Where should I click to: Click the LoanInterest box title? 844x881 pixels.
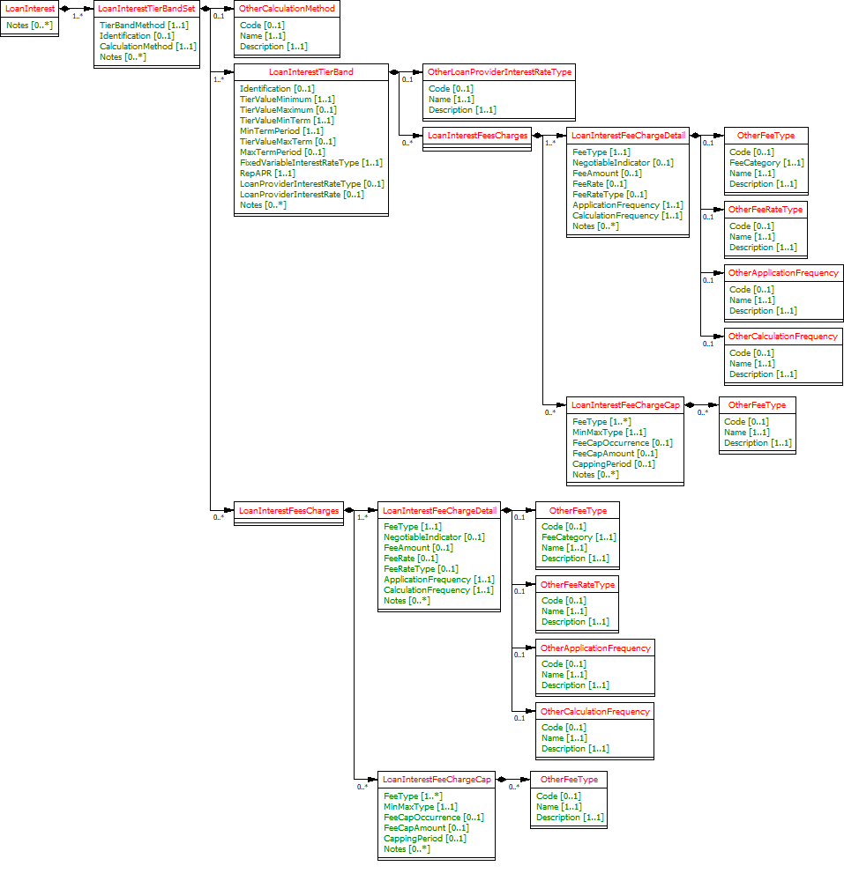[x=30, y=8]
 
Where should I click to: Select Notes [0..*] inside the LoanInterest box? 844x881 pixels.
[x=30, y=26]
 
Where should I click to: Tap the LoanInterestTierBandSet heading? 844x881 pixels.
[x=146, y=8]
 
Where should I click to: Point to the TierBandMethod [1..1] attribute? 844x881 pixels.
[x=144, y=26]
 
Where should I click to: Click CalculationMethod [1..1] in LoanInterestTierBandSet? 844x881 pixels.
[x=147, y=47]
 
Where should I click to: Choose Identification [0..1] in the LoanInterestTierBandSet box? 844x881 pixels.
[x=137, y=36]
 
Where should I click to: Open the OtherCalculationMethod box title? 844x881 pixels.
[x=288, y=8]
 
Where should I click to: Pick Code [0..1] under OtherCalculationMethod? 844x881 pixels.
[x=262, y=26]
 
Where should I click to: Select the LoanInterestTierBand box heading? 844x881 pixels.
[x=310, y=71]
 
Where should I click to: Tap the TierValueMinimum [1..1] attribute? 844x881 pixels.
[x=288, y=100]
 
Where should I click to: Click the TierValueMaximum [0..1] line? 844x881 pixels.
[x=288, y=110]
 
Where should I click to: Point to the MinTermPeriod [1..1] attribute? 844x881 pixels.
[x=281, y=131]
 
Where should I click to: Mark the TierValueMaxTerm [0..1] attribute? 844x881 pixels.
[x=288, y=142]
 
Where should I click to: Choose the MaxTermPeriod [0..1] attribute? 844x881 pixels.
[x=282, y=152]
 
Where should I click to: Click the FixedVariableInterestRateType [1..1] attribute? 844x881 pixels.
[x=310, y=163]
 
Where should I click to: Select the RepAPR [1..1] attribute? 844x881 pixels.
[x=267, y=174]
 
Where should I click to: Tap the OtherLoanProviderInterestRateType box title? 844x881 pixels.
[x=499, y=71]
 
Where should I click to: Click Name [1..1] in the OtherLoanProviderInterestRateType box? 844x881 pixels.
[x=451, y=100]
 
